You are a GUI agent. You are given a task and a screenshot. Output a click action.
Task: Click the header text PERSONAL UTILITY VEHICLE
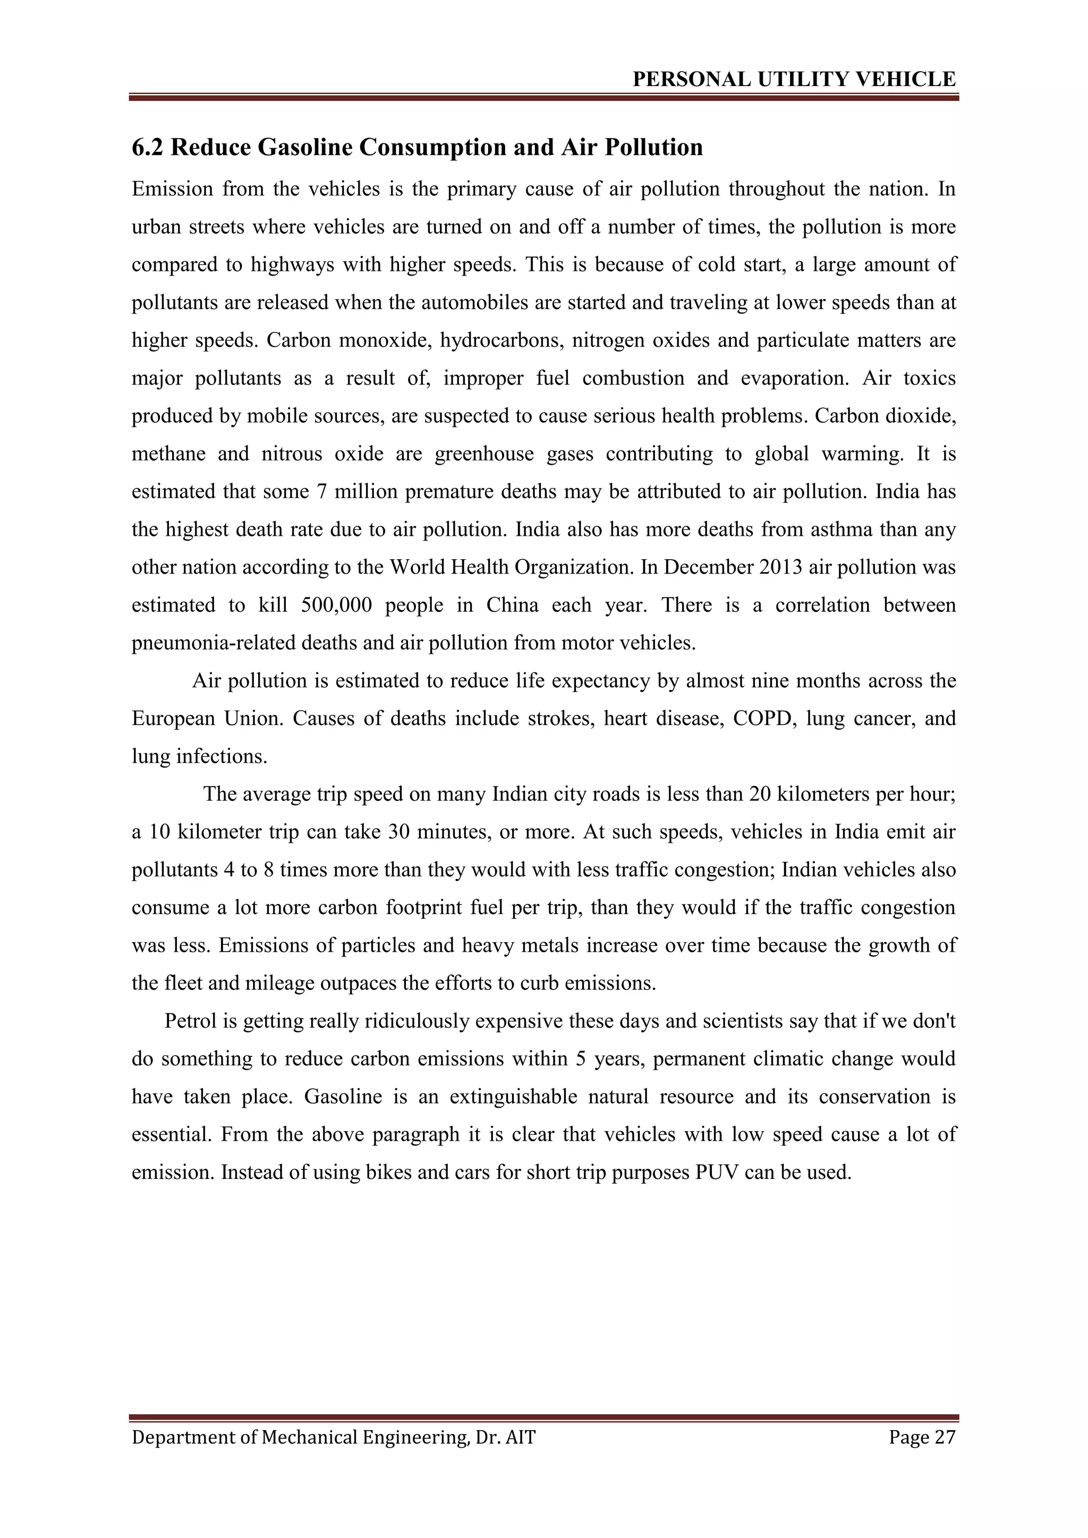pos(794,80)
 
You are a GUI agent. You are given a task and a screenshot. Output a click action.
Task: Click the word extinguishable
pos(513,1097)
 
